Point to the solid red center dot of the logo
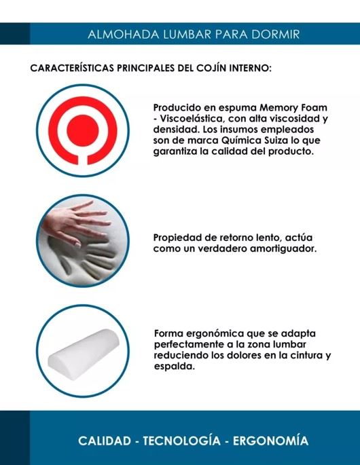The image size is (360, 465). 83,130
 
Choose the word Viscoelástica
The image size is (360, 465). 192,119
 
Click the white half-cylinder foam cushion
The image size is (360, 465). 83,354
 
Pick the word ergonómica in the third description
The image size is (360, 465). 215,333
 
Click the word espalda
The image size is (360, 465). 174,367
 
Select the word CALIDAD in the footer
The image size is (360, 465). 105,441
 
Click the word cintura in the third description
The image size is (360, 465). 304,355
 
